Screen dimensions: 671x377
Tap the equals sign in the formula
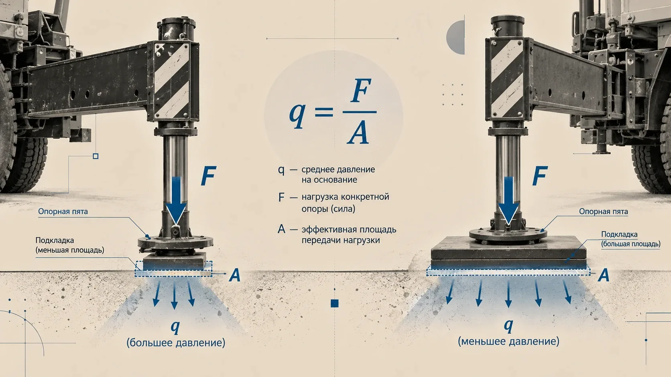pyautogui.click(x=324, y=112)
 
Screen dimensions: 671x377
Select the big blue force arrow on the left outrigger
pyautogui.click(x=176, y=200)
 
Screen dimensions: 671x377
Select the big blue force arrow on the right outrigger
pyautogui.click(x=508, y=200)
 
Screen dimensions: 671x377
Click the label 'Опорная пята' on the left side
pyautogui.click(x=63, y=212)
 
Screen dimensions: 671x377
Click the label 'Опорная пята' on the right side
pyautogui.click(x=603, y=212)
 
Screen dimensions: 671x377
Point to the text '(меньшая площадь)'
pyautogui.click(x=70, y=250)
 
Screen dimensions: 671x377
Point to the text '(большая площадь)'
pyautogui.click(x=630, y=244)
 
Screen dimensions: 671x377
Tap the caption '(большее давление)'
pyautogui.click(x=176, y=343)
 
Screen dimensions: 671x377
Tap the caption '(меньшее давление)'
pyautogui.click(x=508, y=341)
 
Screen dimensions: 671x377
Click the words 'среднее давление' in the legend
pyautogui.click(x=338, y=169)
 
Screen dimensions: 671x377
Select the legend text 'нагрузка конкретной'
pyautogui.click(x=346, y=197)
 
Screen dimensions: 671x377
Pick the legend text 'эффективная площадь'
pyautogui.click(x=349, y=230)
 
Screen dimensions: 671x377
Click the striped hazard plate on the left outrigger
pyautogui.click(x=172, y=81)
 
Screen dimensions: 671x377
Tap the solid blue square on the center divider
pyautogui.click(x=335, y=303)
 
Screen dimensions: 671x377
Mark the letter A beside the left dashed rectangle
pyautogui.click(x=235, y=275)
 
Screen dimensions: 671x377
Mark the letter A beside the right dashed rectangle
pyautogui.click(x=604, y=275)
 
